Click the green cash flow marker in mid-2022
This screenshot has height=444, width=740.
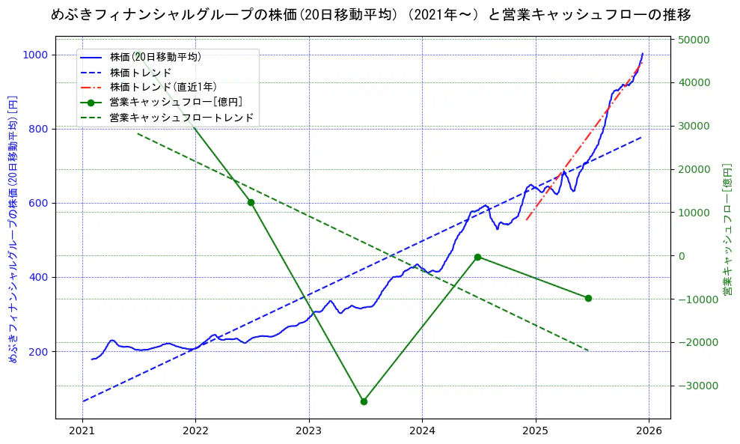click(x=251, y=202)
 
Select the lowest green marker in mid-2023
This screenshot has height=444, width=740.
click(x=364, y=401)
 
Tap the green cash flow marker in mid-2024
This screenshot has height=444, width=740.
click(x=477, y=257)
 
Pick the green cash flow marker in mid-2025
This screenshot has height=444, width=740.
click(x=588, y=298)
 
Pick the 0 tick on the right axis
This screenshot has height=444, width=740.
click(x=682, y=256)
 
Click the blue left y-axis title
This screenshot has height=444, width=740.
click(x=12, y=229)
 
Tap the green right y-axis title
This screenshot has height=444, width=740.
click(x=727, y=229)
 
